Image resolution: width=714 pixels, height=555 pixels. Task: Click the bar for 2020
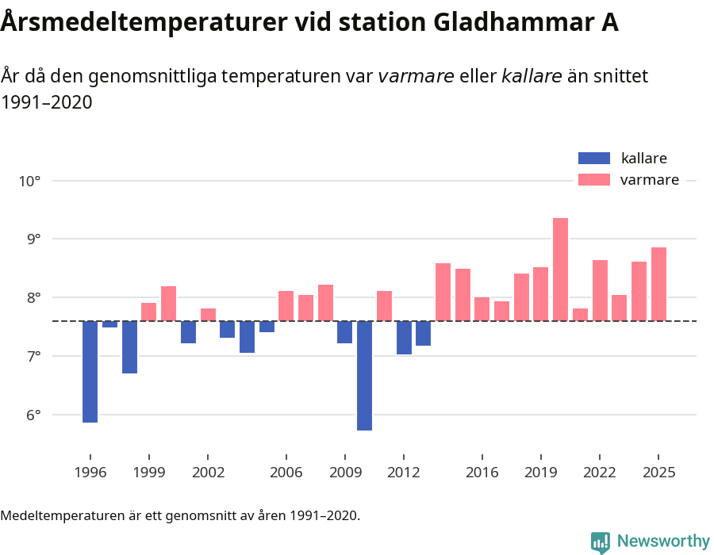(560, 270)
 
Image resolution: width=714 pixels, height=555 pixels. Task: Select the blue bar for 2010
(364, 376)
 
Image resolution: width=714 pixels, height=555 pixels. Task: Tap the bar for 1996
(90, 372)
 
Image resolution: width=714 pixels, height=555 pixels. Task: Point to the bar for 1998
(129, 347)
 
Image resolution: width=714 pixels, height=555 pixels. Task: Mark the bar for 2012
(404, 338)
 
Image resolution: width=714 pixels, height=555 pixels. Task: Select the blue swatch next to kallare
(594, 158)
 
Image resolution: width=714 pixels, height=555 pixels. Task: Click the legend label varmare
(649, 180)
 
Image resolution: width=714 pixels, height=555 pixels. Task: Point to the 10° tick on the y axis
(29, 181)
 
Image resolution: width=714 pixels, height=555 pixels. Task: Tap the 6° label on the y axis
(29, 415)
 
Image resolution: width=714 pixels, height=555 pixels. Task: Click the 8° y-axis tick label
(29, 298)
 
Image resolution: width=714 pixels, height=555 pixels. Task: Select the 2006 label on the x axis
(286, 473)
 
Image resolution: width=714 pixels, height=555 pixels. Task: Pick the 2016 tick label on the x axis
(482, 473)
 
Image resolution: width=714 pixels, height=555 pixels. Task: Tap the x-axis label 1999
(149, 473)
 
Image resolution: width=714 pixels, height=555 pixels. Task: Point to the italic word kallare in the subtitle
(532, 76)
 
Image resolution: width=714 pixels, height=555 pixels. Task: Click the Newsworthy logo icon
(601, 542)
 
